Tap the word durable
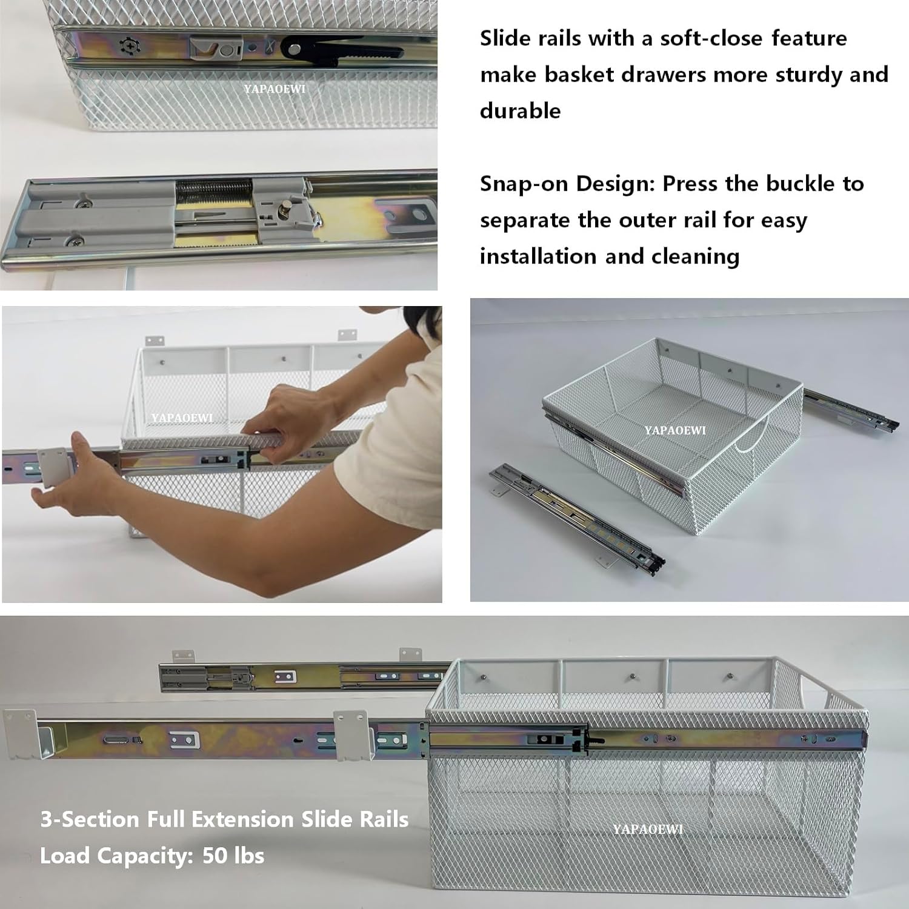point(520,112)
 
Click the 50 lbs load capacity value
point(233,856)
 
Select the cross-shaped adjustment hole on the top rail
point(129,46)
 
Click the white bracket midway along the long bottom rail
point(352,734)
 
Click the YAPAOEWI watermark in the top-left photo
point(275,89)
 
